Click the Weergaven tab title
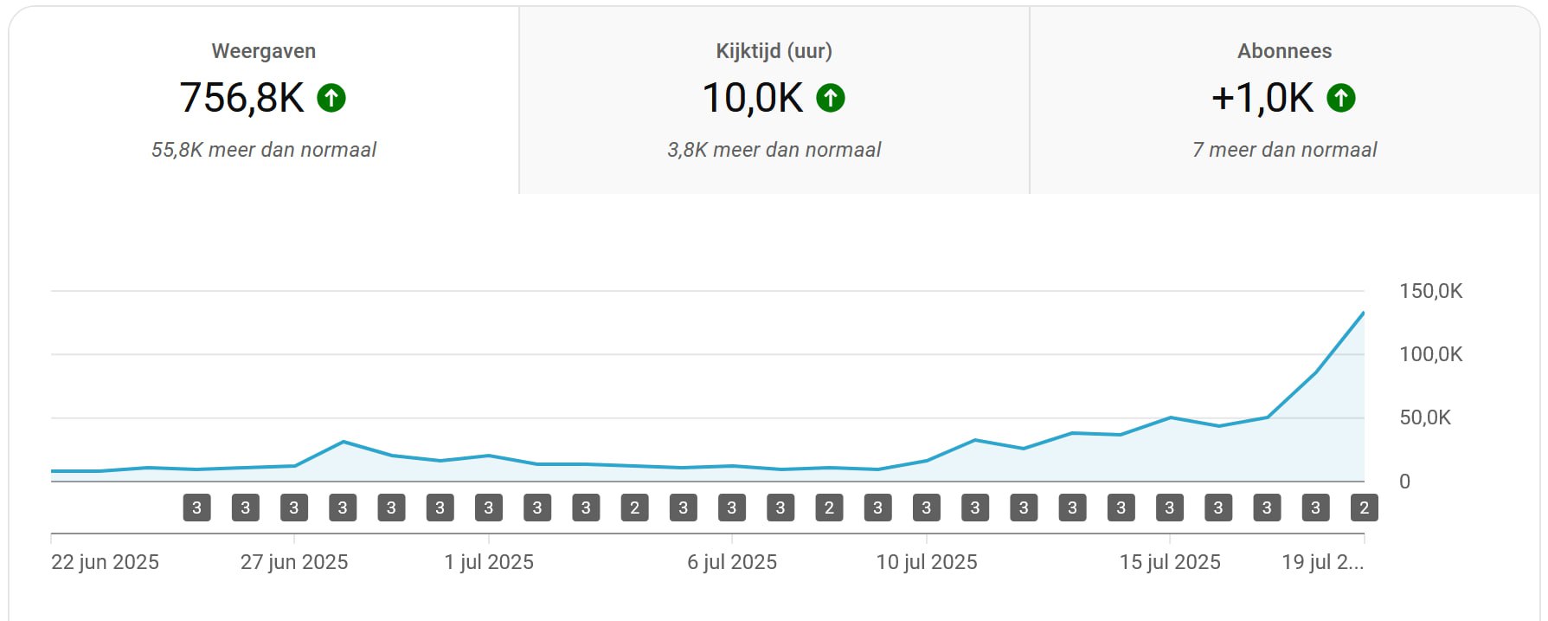(x=263, y=51)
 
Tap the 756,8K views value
(x=241, y=98)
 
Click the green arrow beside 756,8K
(x=331, y=98)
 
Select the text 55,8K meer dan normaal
(x=263, y=150)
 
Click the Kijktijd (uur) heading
(x=774, y=51)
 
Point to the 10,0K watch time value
(x=752, y=98)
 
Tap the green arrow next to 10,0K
(x=831, y=98)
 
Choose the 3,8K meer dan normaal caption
(x=774, y=150)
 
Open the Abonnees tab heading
(x=1284, y=51)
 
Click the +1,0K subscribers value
(x=1262, y=98)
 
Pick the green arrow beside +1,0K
(x=1341, y=98)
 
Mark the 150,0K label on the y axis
(x=1430, y=291)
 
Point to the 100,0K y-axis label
(x=1430, y=354)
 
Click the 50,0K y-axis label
(x=1425, y=417)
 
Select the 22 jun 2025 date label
(x=105, y=562)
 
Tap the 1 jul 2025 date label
(x=489, y=562)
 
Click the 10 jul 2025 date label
(x=927, y=562)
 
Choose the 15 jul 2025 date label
(x=1170, y=562)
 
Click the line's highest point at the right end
(x=1364, y=313)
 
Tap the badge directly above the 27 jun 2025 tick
(x=294, y=508)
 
